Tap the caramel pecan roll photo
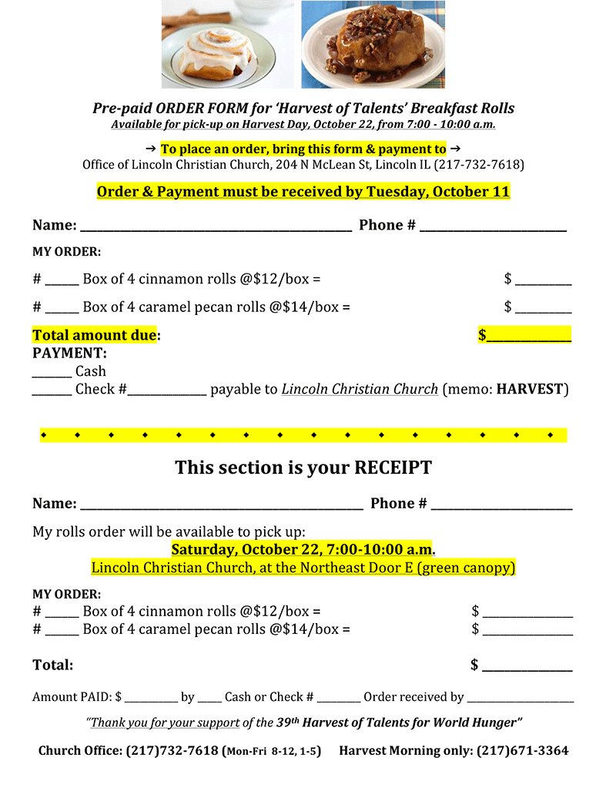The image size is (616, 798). [373, 45]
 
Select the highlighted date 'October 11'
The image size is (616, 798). [471, 192]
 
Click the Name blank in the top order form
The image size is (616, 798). [216, 226]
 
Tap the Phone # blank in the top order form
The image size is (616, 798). [493, 226]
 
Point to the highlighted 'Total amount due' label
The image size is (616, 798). [95, 335]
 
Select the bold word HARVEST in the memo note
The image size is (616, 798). [531, 389]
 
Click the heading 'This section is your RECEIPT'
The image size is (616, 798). [303, 468]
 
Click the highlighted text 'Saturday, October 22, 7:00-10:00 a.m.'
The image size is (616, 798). [303, 550]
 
